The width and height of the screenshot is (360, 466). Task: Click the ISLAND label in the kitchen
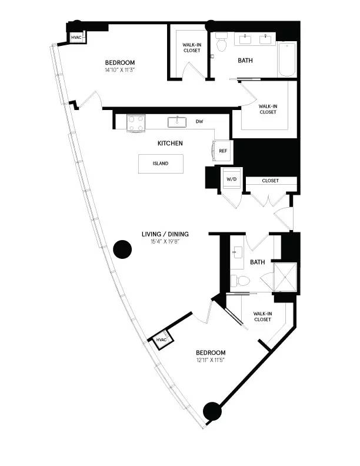160,164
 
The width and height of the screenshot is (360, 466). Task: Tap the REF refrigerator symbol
223,151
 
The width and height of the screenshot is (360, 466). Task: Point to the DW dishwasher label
199,122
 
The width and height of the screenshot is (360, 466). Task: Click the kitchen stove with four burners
138,122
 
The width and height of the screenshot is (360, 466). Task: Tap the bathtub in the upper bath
288,59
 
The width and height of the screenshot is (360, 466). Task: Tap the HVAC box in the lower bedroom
161,340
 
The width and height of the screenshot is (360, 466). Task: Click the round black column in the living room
122,249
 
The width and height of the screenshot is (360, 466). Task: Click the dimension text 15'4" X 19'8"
165,241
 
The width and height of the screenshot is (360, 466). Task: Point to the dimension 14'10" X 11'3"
121,71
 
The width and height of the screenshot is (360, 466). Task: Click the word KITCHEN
170,143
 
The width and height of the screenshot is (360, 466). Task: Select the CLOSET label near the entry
270,181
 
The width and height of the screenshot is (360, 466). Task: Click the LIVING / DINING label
165,234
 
